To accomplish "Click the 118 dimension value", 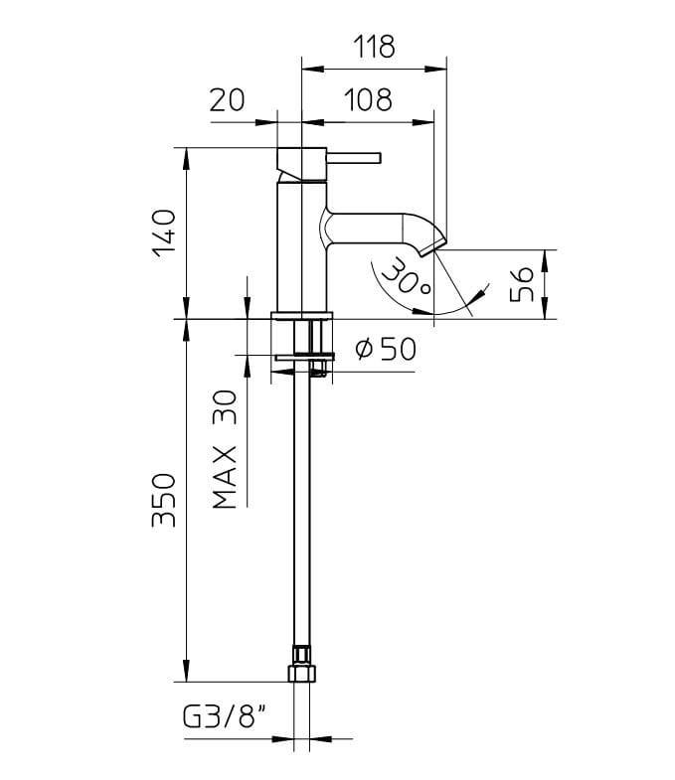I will (374, 46).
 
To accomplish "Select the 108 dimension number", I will (368, 99).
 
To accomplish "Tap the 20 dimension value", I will (228, 99).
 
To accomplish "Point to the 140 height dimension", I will (165, 233).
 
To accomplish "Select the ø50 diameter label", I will (384, 349).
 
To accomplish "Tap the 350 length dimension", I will (165, 500).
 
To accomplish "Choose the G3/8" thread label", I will (224, 715).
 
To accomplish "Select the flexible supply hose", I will (302, 517).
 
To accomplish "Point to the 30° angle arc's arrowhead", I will (480, 293).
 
